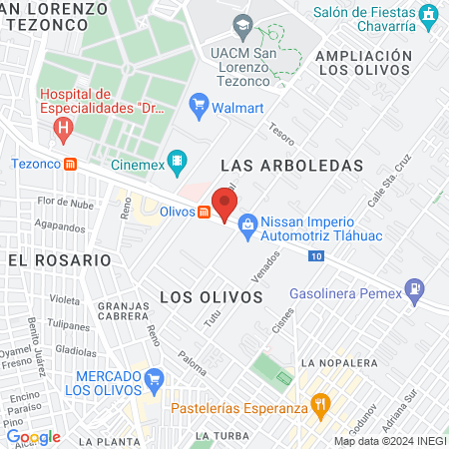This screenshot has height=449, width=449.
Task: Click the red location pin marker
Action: [224, 206]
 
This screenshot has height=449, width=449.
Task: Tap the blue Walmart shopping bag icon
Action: [199, 103]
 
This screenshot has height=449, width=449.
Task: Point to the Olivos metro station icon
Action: [204, 212]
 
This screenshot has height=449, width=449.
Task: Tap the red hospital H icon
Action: [64, 129]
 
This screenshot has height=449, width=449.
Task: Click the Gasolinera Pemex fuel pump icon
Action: [414, 294]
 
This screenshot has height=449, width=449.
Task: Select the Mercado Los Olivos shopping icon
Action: [153, 379]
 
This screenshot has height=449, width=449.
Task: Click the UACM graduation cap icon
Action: [242, 24]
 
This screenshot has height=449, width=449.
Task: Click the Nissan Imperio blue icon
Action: [246, 228]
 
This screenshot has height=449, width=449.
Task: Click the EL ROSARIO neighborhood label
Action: [59, 259]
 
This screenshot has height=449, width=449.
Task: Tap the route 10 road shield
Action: [315, 257]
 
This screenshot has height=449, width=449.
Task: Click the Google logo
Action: [33, 436]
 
